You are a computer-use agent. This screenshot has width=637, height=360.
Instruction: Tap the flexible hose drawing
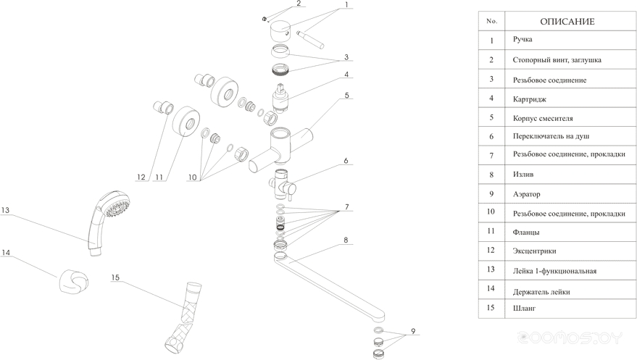point(182,316)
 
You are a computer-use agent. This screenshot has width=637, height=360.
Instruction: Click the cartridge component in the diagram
point(281,99)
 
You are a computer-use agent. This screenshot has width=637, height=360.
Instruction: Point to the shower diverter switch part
point(283,185)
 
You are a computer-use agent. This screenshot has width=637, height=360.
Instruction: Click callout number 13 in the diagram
point(5,210)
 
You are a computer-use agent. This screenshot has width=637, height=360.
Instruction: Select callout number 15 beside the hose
point(115,277)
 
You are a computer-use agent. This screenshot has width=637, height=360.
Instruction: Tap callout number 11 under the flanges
point(159,177)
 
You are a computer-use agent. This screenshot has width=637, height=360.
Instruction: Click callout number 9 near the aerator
point(413,331)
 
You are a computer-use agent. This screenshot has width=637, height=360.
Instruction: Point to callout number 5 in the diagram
point(346,96)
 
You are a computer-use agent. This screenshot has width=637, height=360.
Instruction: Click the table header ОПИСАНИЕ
point(567,22)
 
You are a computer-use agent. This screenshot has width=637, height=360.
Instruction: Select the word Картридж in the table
point(530,99)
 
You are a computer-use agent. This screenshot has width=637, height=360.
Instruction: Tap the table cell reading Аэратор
point(527,194)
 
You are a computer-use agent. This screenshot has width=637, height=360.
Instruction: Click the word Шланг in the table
point(524,308)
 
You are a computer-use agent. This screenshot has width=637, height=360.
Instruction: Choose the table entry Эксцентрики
point(534,251)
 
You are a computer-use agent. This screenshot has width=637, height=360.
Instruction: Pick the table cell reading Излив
point(523,174)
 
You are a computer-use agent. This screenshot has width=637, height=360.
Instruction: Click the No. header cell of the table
point(491,21)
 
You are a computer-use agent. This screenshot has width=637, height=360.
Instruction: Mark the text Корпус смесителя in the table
point(543,119)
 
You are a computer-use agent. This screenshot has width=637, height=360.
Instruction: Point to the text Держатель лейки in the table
point(541,292)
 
